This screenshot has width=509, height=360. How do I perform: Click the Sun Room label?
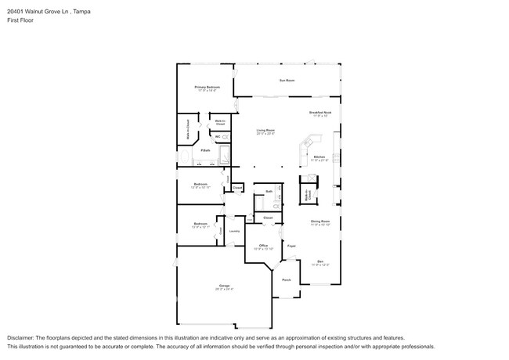pos(287,80)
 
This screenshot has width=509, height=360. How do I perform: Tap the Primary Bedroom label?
pos(208,88)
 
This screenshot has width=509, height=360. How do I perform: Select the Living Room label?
pos(265,131)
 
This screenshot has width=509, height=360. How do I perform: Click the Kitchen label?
pos(319,157)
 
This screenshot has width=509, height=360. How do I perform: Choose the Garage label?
pos(224,286)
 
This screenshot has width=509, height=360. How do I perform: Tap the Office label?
pos(264,246)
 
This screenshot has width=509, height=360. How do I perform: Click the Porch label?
pos(286,279)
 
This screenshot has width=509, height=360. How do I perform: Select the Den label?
pos(319,261)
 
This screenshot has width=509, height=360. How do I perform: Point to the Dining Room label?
pos(320,222)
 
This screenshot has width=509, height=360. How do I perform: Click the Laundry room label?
pos(234,231)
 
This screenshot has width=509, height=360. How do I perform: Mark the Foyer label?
pos(291,246)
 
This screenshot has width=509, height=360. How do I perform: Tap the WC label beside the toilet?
pos(207,136)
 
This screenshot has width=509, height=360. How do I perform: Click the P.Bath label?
pos(204,150)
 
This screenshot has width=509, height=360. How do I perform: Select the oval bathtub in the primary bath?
pos(184,157)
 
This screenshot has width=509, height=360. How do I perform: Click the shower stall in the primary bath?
pos(224,154)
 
